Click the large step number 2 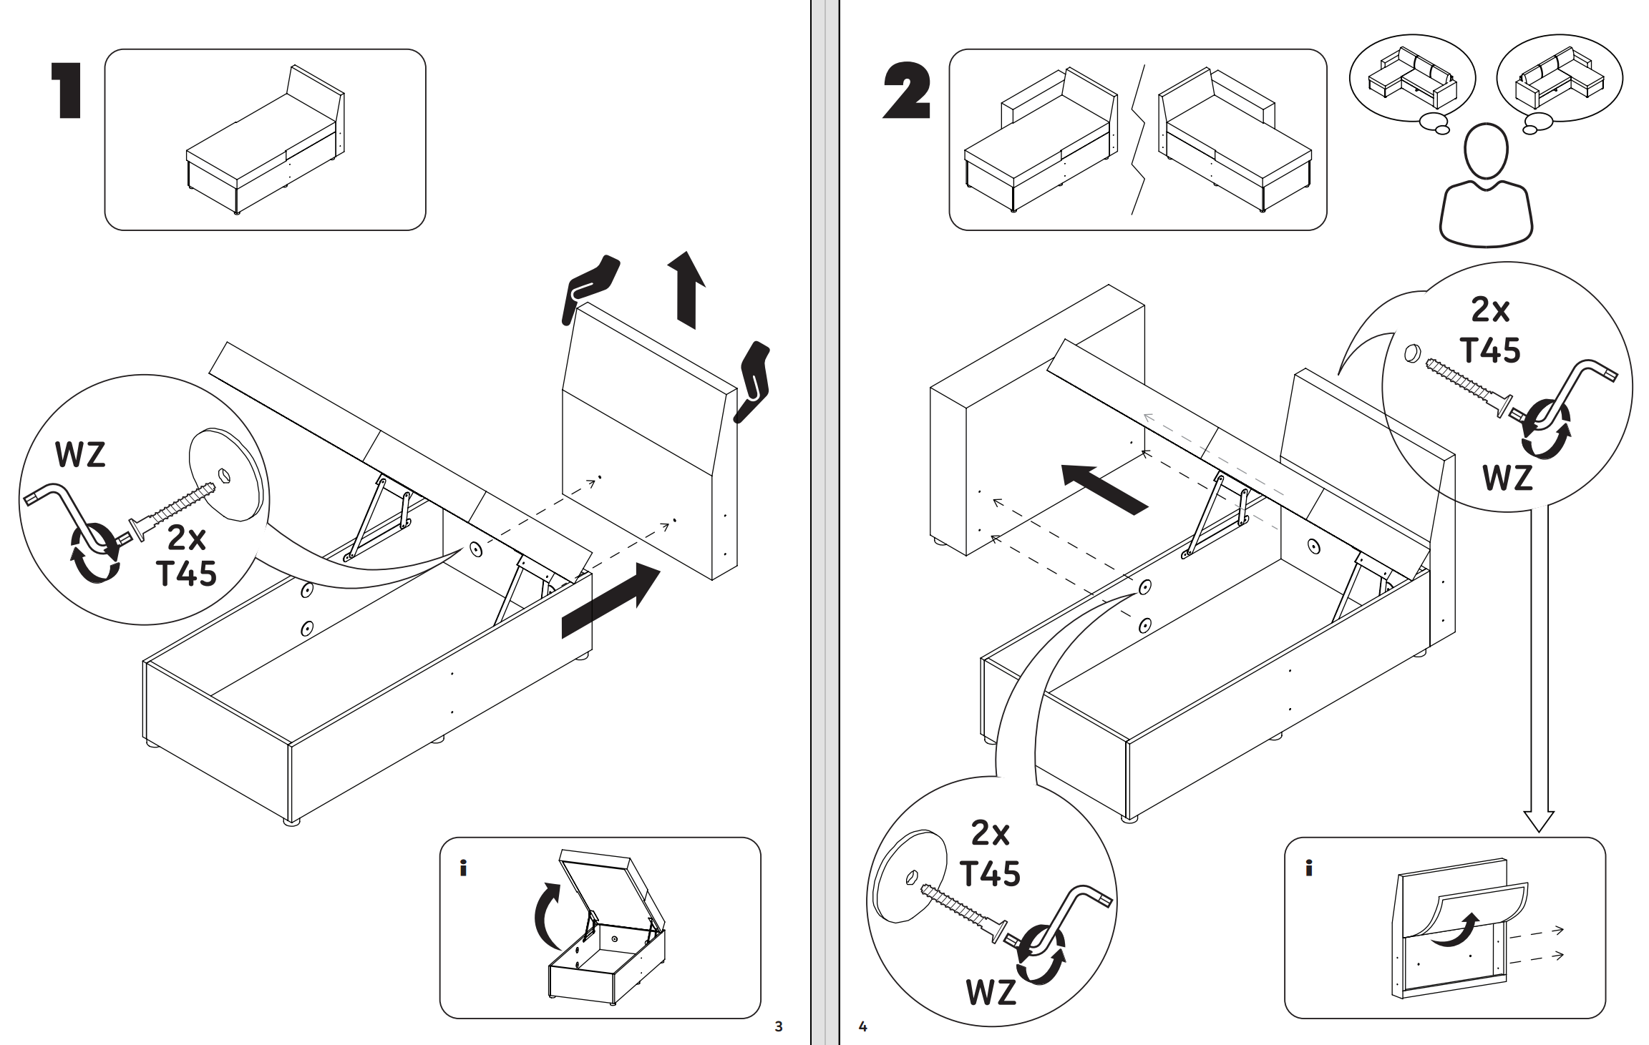(x=906, y=91)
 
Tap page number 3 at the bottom (x=779, y=1026)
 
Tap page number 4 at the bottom (x=863, y=1026)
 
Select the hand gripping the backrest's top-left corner (x=590, y=286)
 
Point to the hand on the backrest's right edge (x=753, y=381)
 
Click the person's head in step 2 (x=1486, y=152)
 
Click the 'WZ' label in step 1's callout (x=80, y=455)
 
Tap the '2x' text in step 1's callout (x=187, y=538)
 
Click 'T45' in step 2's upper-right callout (x=1490, y=350)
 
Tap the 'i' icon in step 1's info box (x=463, y=868)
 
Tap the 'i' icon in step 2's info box (x=1308, y=868)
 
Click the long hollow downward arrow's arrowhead (x=1539, y=820)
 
